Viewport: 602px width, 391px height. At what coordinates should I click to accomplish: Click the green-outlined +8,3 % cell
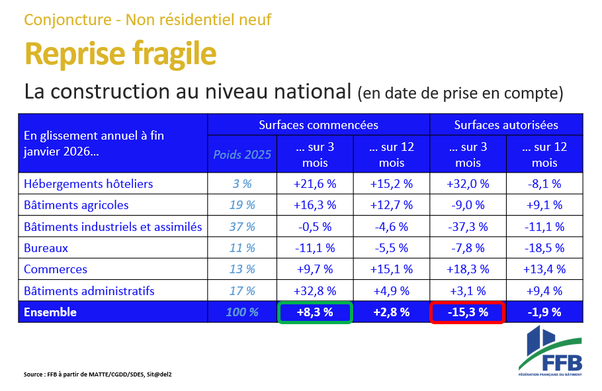[315, 312]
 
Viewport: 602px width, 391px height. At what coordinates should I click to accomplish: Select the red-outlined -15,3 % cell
[468, 312]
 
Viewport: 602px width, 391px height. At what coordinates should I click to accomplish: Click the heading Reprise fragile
[120, 54]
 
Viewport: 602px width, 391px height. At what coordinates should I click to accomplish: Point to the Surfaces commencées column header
[318, 124]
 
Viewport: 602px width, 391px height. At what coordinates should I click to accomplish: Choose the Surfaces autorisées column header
[506, 124]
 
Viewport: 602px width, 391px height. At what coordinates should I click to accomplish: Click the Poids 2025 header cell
[242, 155]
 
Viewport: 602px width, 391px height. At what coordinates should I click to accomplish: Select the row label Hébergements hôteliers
[89, 184]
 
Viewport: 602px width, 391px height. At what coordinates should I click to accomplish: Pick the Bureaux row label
[46, 248]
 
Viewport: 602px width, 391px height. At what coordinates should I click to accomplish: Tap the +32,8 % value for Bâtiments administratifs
[315, 290]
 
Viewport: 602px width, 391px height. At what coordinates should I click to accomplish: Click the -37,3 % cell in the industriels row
[468, 227]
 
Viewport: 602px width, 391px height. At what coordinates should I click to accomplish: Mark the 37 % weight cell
[242, 227]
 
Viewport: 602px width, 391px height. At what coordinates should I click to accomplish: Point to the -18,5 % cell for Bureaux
[544, 248]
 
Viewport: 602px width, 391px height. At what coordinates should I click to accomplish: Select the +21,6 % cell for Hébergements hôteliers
[315, 184]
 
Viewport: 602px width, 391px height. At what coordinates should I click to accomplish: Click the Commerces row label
[56, 269]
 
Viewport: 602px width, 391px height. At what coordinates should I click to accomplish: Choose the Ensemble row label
[50, 312]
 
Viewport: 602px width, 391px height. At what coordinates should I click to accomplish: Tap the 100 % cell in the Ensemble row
[242, 312]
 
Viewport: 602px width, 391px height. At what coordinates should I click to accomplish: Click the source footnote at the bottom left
[98, 374]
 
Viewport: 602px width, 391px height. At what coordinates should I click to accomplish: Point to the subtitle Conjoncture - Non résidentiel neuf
[148, 19]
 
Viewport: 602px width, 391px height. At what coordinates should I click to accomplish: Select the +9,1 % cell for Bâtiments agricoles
[544, 205]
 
